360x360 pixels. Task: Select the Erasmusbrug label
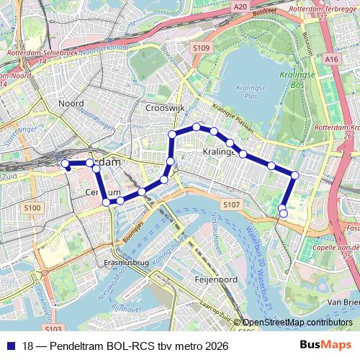127,263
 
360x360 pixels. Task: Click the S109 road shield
201,48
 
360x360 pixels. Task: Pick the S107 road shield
230,205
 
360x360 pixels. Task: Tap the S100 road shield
32,208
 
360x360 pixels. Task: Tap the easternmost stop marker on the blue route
295,175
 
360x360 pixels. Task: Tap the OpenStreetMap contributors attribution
297,323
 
